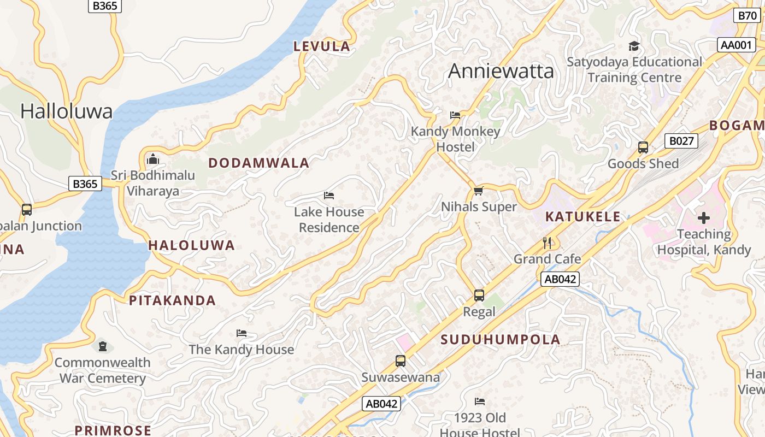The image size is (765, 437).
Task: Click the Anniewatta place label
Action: (501, 72)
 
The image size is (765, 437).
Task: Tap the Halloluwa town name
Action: (66, 111)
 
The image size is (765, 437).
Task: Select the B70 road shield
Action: (747, 16)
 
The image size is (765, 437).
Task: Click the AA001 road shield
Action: (736, 45)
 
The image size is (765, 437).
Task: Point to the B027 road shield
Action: (681, 141)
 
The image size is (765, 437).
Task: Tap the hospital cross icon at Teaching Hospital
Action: (704, 218)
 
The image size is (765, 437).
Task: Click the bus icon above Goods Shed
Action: (643, 147)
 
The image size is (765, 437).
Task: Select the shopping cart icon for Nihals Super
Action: (479, 191)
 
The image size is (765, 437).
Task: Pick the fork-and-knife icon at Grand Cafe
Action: (547, 243)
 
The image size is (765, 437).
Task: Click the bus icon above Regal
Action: (479, 296)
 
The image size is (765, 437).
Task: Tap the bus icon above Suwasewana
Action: (401, 361)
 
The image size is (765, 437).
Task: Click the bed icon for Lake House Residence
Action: (329, 196)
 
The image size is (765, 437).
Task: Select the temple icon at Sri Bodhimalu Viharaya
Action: (153, 160)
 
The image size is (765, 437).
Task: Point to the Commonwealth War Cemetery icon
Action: (102, 346)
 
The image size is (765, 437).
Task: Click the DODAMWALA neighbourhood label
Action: (259, 163)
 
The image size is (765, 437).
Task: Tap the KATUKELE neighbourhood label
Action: (583, 216)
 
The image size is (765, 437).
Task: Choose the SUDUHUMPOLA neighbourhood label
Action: (501, 339)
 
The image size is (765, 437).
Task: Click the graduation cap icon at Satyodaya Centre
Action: (634, 46)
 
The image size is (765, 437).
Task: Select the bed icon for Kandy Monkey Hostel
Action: (455, 115)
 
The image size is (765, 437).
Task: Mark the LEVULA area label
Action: (322, 46)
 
